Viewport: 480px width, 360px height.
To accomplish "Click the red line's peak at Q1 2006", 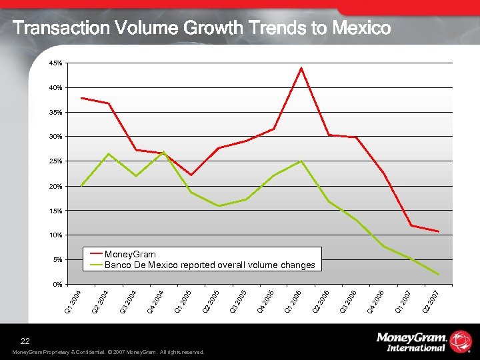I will pos(301,67).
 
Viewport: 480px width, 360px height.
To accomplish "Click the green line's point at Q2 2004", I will pos(109,154).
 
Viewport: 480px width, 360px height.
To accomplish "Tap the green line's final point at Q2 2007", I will pos(438,275).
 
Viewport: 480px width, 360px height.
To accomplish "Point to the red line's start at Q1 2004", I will pos(81,98).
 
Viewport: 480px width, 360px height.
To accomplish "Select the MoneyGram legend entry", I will pos(130,254).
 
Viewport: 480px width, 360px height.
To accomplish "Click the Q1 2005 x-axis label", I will pos(183,301).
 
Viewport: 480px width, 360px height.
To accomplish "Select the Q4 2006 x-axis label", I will pos(376,301).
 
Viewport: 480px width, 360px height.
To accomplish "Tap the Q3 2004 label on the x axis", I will pos(129,301).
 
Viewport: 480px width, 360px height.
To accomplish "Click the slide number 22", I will pos(25,341).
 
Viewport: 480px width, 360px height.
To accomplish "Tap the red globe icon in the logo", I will pos(460,341).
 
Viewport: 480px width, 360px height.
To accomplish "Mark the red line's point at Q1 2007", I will pos(411,225).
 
